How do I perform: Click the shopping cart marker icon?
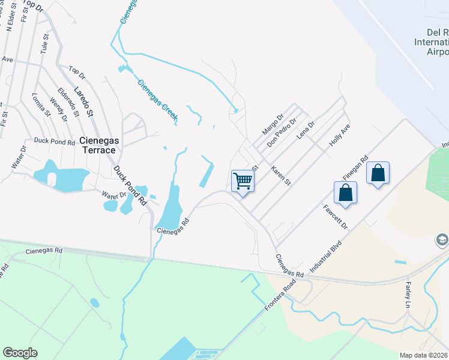[x=243, y=180]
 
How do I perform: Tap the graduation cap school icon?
[x=442, y=240]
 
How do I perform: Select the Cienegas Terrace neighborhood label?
[x=98, y=145]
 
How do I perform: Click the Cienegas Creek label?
[x=157, y=101]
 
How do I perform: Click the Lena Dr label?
[x=306, y=130]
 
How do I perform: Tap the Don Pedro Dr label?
[x=282, y=133]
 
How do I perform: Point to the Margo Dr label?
[x=272, y=125]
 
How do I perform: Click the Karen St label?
[x=280, y=175]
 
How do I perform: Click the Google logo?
[x=20, y=353]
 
